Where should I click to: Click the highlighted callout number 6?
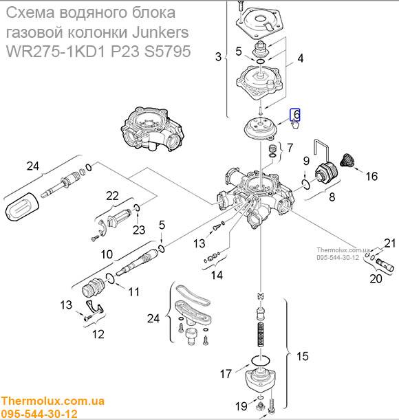pyautogui.click(x=296, y=114)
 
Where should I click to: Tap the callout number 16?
pyautogui.click(x=371, y=176)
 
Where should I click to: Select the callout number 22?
pyautogui.click(x=112, y=196)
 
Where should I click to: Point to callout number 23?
pyautogui.click(x=139, y=230)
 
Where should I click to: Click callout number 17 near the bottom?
pyautogui.click(x=226, y=374)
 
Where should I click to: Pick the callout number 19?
pyautogui.click(x=241, y=406)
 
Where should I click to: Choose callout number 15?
pyautogui.click(x=303, y=356)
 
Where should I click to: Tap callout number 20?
pyautogui.click(x=376, y=279)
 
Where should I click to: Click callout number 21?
pyautogui.click(x=390, y=243)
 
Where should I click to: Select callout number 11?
pyautogui.click(x=134, y=291)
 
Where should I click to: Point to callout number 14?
pyautogui.click(x=217, y=275)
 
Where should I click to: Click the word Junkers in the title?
pyautogui.click(x=160, y=32)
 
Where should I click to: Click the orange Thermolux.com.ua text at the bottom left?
pyautogui.click(x=52, y=401)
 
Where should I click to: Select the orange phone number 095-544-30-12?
pyautogui.click(x=39, y=414)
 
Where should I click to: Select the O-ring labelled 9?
pyautogui.click(x=306, y=184)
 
